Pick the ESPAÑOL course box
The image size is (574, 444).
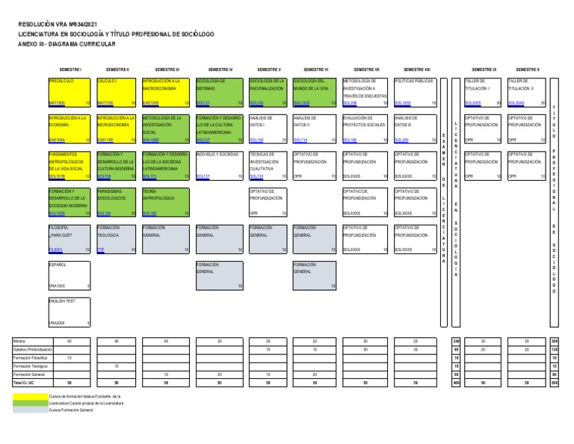(x=69, y=274)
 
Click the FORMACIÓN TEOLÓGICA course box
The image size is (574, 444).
(x=117, y=238)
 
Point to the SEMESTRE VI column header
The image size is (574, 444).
(x=317, y=69)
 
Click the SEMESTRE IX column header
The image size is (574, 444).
(x=484, y=69)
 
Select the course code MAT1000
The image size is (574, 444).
(x=57, y=103)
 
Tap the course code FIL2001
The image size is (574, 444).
(x=56, y=250)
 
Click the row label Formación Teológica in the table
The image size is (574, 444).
(x=28, y=366)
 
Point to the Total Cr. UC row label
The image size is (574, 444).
(x=25, y=383)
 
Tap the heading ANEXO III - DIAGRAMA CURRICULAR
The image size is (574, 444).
(x=67, y=44)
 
